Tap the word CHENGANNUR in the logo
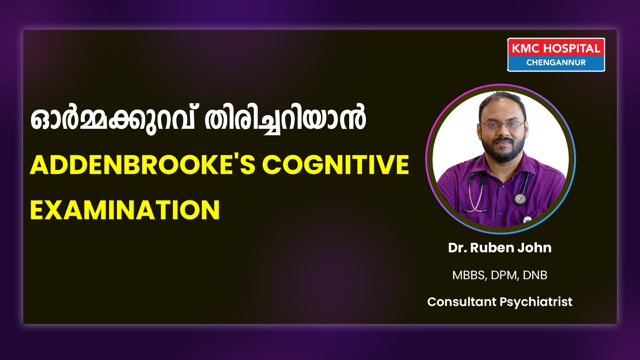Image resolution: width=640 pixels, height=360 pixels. (x=556, y=62)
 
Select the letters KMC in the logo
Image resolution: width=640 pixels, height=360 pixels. (x=526, y=48)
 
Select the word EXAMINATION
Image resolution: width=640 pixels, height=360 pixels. (x=125, y=210)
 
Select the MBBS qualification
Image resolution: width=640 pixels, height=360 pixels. (x=470, y=275)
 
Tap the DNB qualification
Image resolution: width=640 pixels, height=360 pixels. (x=535, y=275)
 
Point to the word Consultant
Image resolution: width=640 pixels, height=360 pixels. (x=462, y=302)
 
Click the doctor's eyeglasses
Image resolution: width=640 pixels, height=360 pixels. (x=502, y=125)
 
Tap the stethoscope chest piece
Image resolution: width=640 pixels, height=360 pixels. (x=520, y=198)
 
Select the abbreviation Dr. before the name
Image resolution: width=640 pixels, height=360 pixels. (x=458, y=248)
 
